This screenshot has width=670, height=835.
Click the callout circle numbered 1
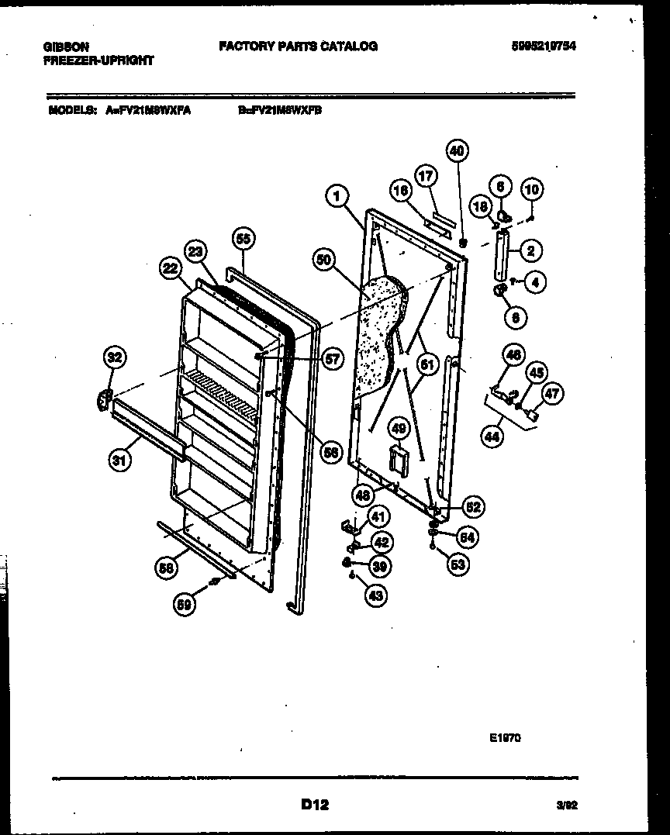336,197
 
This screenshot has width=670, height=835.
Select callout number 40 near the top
457,151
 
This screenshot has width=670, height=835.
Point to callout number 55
243,239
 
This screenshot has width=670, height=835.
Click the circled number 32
114,357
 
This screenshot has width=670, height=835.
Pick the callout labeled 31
119,460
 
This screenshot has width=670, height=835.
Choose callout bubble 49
398,427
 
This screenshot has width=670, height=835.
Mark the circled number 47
550,394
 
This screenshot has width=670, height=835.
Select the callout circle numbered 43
376,595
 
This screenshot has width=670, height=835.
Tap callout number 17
424,178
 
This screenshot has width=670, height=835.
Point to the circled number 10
532,188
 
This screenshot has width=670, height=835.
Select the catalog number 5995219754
543,47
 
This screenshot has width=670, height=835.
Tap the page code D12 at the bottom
315,806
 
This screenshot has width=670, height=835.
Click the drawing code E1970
505,738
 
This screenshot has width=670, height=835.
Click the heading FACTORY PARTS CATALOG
299,47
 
